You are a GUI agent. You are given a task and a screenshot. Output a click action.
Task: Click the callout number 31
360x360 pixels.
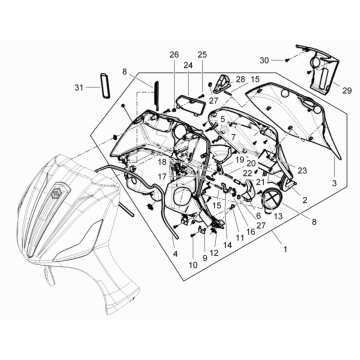pyautogui.click(x=79, y=88)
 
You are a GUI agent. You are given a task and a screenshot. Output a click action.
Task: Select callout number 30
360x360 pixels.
pyautogui.click(x=264, y=60)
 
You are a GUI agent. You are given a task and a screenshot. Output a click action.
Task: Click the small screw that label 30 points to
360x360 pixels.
pyautogui.click(x=287, y=60)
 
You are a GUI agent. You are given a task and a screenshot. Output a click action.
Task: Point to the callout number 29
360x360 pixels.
pyautogui.click(x=347, y=91)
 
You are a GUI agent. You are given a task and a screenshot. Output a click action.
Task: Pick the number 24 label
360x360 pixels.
pyautogui.click(x=188, y=66)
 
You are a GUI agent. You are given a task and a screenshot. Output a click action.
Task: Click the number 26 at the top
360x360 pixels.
pyautogui.click(x=174, y=55)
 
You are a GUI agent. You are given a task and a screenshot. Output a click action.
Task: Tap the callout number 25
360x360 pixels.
pyautogui.click(x=202, y=55)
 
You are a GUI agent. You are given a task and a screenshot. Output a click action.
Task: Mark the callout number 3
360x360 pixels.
pyautogui.click(x=334, y=183)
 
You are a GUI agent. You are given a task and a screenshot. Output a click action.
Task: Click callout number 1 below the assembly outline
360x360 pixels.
pyautogui.click(x=285, y=249)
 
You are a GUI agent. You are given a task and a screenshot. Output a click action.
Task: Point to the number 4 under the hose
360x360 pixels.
pyautogui.click(x=175, y=254)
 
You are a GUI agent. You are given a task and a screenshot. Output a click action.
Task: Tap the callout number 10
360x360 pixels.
pyautogui.click(x=193, y=265)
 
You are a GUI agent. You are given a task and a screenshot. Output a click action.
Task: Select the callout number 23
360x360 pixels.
pyautogui.click(x=302, y=170)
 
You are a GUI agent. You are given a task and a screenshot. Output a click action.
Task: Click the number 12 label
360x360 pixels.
pyautogui.click(x=214, y=253)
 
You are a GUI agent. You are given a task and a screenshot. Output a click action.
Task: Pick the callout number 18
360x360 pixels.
pyautogui.click(x=162, y=162)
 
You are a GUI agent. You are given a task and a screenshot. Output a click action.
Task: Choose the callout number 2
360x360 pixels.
pyautogui.click(x=304, y=200)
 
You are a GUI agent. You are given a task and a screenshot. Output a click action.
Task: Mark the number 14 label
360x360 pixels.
pyautogui.click(x=227, y=245)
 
